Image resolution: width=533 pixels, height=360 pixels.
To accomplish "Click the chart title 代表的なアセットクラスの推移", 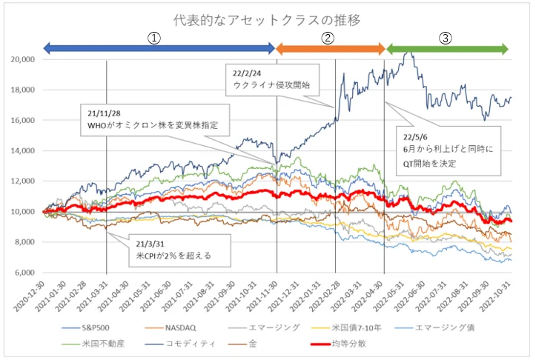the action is pos(267,21).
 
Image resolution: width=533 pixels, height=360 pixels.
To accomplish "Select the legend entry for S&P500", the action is pos(86,327).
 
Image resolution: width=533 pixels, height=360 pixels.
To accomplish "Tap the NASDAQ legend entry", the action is pos(171,327).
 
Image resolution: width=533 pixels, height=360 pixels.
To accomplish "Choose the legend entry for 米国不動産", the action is pos(93,344).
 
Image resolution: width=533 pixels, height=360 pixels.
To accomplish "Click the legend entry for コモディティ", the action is pos(180,344).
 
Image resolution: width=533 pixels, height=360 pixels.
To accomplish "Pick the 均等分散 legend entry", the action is pos(339,344).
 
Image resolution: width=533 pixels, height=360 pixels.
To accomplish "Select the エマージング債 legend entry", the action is pos(434,327).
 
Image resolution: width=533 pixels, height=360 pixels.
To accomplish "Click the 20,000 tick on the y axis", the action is pos(23,59).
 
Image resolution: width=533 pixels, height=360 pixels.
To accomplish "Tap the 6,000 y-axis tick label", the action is pos(24,273).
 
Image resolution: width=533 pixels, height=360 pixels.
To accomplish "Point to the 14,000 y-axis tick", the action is pos(23,151).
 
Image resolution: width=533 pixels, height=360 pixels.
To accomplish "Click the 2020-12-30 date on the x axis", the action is pos(29,296).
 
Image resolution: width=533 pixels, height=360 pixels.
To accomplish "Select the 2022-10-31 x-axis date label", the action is pos(496,296).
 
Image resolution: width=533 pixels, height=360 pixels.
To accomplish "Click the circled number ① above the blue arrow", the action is pos(154,38).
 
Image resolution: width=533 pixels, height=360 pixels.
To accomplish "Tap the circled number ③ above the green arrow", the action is pos(446,38).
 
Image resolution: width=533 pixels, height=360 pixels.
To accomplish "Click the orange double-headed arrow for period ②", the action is pos(330,49).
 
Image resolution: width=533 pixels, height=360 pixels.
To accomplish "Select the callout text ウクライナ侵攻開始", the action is pos(271,85).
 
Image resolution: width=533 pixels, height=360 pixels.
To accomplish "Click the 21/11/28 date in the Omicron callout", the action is pos(104,113).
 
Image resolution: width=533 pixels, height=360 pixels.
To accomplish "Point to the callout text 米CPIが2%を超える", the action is pos(173,256).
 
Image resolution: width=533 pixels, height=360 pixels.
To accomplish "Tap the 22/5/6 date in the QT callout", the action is pos(415,137).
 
